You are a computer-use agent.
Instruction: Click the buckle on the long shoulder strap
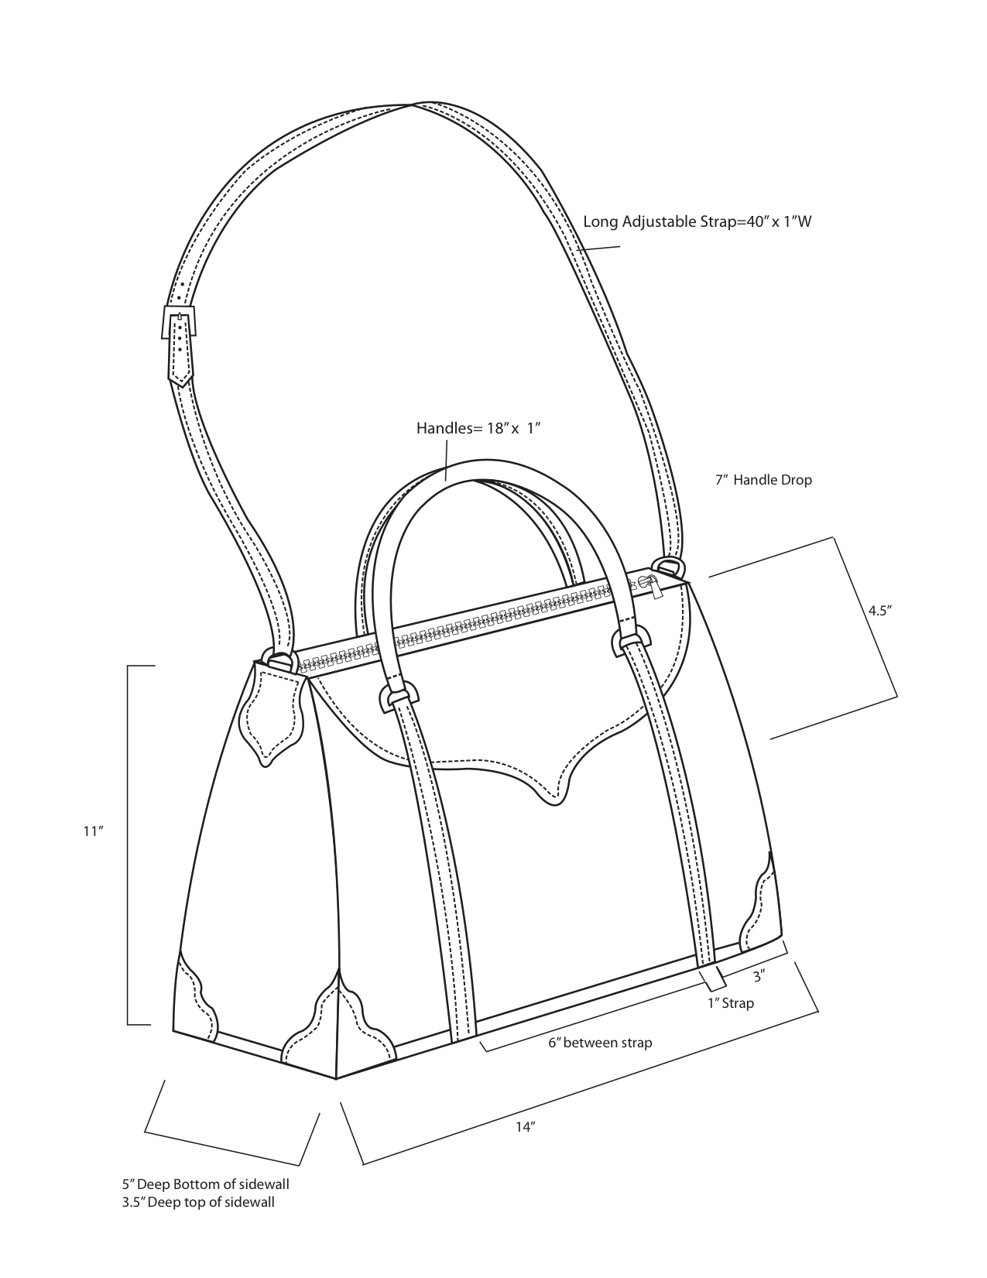click(179, 322)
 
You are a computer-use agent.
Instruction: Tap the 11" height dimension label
click(94, 831)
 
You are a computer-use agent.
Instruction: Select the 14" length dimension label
click(526, 1127)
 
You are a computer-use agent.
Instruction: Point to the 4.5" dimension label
click(880, 611)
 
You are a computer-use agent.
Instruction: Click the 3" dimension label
click(759, 976)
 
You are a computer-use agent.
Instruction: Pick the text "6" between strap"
click(600, 1043)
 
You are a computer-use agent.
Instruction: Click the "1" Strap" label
click(731, 1002)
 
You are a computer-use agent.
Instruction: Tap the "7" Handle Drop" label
click(763, 480)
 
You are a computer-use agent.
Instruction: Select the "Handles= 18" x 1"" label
click(478, 428)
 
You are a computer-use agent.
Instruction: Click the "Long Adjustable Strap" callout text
click(697, 221)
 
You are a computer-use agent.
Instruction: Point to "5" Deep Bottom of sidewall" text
click(206, 1184)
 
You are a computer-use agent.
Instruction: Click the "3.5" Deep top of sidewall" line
click(198, 1202)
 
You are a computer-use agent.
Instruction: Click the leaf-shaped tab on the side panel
click(274, 713)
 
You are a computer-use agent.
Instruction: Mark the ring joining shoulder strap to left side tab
click(280, 660)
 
